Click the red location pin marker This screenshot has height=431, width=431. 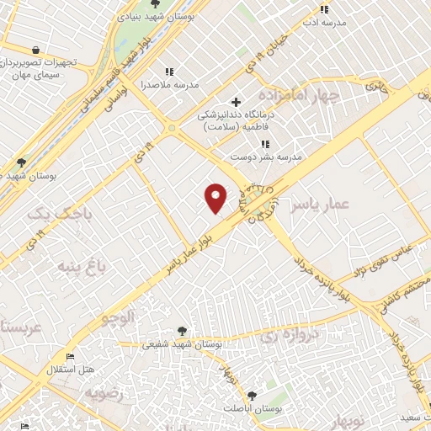(216, 198)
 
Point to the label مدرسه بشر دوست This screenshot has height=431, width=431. (267, 157)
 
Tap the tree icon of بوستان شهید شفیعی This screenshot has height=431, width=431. (183, 331)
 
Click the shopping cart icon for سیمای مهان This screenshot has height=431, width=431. (34, 49)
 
